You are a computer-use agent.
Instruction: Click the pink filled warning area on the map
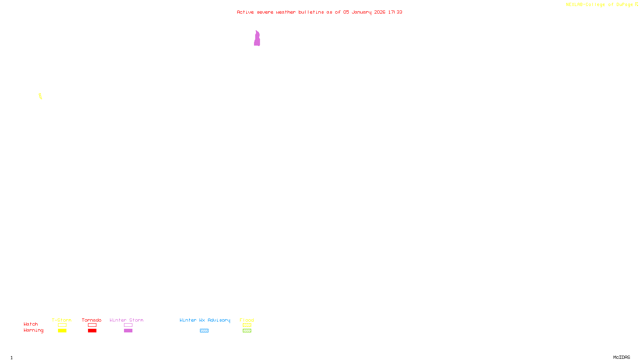(x=257, y=39)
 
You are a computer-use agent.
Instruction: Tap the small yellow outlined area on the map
(x=40, y=96)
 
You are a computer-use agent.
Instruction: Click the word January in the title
(x=361, y=12)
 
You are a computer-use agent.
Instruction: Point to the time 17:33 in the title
(x=395, y=12)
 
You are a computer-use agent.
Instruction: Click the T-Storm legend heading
(x=62, y=320)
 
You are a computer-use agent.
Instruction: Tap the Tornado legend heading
(x=92, y=320)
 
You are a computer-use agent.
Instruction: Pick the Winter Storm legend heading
(x=126, y=320)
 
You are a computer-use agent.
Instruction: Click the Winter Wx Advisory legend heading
(x=205, y=320)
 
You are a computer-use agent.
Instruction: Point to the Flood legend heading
(x=247, y=320)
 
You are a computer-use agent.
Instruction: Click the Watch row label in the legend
(x=31, y=324)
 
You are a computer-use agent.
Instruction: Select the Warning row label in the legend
(x=34, y=330)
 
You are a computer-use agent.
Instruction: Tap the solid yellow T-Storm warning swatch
(x=62, y=331)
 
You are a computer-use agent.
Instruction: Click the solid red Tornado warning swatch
(x=92, y=331)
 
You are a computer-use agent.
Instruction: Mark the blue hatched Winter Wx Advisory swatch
(x=204, y=331)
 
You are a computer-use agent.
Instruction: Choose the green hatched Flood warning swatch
(x=247, y=331)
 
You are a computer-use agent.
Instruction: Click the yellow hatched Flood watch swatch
(x=247, y=325)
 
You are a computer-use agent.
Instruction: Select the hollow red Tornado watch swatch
(x=92, y=325)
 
